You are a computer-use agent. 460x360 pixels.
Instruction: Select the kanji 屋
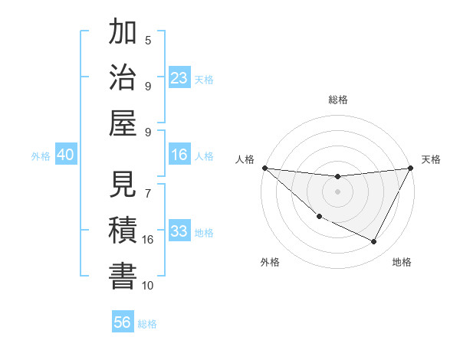pos(123,123)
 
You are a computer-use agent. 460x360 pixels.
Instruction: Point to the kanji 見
pos(123,185)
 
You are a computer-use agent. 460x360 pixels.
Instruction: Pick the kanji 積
pos(123,231)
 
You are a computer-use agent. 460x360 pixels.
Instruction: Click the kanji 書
pos(123,277)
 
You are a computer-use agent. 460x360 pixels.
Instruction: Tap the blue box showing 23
pos(179,77)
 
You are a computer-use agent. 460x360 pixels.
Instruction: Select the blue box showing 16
pos(179,155)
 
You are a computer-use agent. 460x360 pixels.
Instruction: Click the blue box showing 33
pos(179,231)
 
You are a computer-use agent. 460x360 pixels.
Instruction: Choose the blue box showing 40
pos(65,155)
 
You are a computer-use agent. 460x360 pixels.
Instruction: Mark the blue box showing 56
pos(123,322)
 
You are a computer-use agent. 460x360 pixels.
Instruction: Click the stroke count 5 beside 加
pos(148,40)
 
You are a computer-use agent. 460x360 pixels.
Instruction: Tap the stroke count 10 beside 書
pos(148,285)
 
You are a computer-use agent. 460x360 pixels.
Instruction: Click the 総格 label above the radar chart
pos(337,100)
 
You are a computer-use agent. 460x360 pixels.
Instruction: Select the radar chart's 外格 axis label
pos(270,262)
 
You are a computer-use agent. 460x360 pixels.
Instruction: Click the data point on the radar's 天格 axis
pos(411,168)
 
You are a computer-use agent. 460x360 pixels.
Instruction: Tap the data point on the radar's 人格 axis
pos(264,168)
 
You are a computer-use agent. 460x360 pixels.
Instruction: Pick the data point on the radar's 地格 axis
pos(374,242)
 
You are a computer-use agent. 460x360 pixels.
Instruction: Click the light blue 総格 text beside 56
pos(147,324)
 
